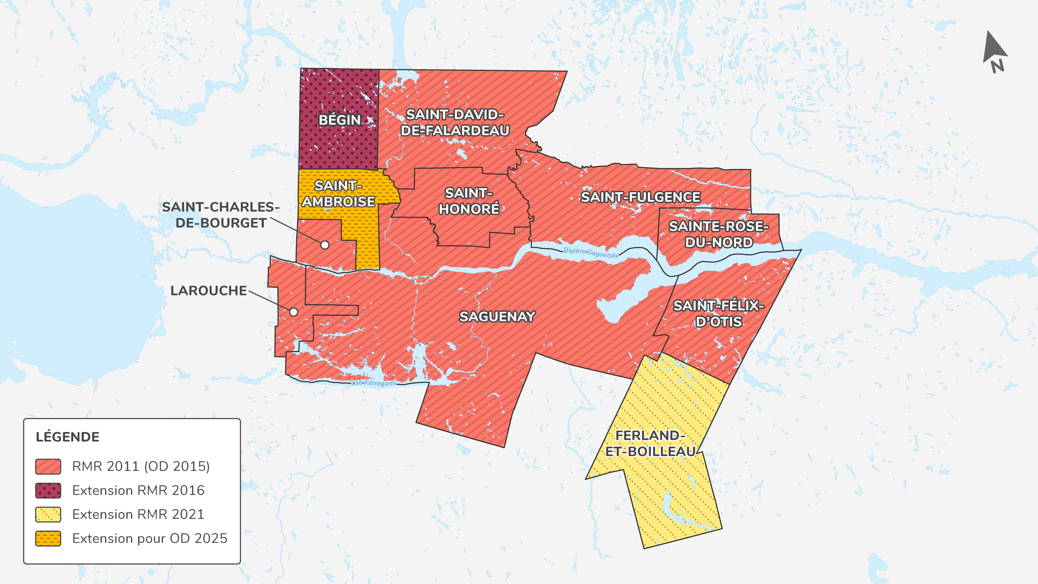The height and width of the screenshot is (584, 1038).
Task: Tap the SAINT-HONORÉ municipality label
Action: pos(469,201)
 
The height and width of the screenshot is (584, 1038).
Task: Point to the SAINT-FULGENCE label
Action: pos(640,197)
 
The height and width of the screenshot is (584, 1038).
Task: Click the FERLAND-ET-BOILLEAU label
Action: pos(650,443)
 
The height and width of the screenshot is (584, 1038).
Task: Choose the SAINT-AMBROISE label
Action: pos(338,194)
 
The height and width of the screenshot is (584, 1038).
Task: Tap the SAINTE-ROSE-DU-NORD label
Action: pos(719,234)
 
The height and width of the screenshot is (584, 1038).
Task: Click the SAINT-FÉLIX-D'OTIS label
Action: pos(719,314)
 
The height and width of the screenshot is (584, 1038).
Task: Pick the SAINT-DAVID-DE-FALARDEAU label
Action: pos(455,122)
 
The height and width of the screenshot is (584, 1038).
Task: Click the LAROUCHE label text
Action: pos(208,291)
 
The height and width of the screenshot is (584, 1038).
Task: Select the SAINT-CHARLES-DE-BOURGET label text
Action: pos(221,215)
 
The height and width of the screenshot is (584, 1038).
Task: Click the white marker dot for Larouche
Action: pos(294,312)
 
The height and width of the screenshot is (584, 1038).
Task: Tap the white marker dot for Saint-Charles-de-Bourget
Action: pos(325,245)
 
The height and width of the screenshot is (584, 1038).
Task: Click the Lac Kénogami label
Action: pos(374,383)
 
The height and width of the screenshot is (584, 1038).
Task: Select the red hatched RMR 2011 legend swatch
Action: pos(48,466)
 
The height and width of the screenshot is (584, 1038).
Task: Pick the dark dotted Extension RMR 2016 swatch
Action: pos(48,490)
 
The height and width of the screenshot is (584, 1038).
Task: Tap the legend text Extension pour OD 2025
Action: pos(149,539)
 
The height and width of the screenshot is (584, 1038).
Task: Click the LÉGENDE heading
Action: pos(68,437)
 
